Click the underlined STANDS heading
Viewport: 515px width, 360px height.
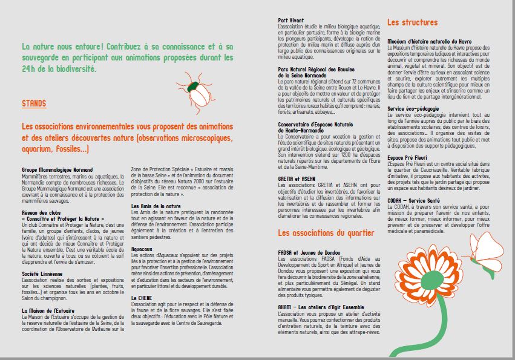tap(34, 103)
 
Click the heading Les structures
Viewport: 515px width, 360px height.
tap(412, 22)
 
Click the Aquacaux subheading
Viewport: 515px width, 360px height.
tap(142, 248)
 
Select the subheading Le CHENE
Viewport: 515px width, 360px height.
tap(141, 298)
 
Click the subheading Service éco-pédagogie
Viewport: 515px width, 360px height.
tap(413, 109)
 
